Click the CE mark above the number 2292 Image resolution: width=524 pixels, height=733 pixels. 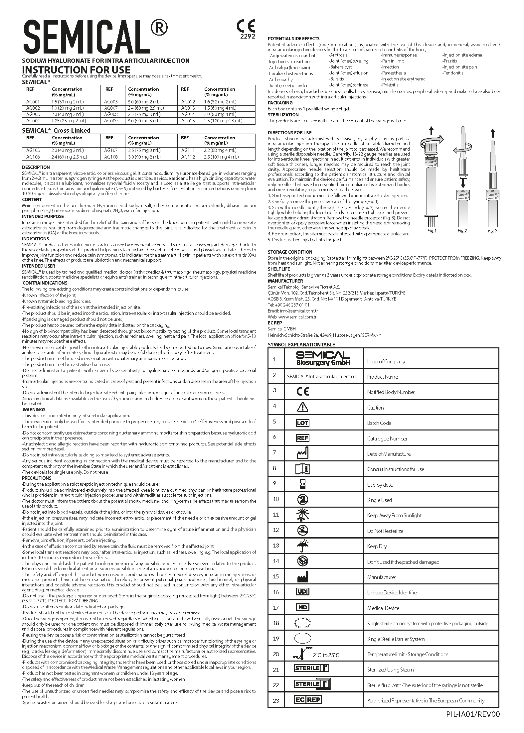(x=246, y=26)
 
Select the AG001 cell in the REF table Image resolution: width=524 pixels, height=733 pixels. (x=33, y=102)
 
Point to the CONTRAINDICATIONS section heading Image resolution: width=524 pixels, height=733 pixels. (x=45, y=283)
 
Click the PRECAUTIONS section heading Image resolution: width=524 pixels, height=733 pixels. (x=36, y=478)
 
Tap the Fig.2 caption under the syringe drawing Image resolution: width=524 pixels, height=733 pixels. (x=462, y=231)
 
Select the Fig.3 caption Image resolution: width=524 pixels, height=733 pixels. (x=492, y=231)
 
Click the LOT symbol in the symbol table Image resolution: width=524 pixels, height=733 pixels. (x=302, y=423)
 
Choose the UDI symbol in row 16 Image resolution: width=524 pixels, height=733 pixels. (x=302, y=592)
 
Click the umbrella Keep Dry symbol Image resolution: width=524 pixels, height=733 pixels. (x=302, y=546)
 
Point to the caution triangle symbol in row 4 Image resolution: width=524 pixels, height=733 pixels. (x=302, y=407)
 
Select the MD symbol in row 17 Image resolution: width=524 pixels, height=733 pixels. (x=302, y=607)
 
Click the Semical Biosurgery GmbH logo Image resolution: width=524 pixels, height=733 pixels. (x=323, y=358)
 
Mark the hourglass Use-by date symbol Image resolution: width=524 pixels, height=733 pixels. (x=302, y=484)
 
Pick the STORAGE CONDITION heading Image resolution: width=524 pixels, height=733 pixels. (x=290, y=252)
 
